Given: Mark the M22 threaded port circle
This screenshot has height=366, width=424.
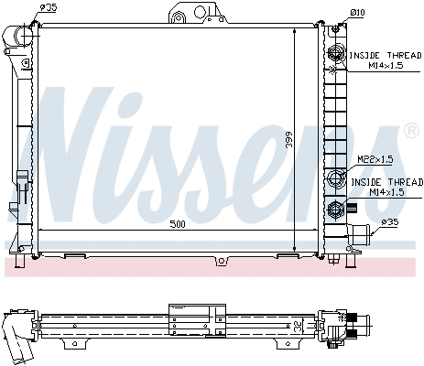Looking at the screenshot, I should [x=338, y=178].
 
